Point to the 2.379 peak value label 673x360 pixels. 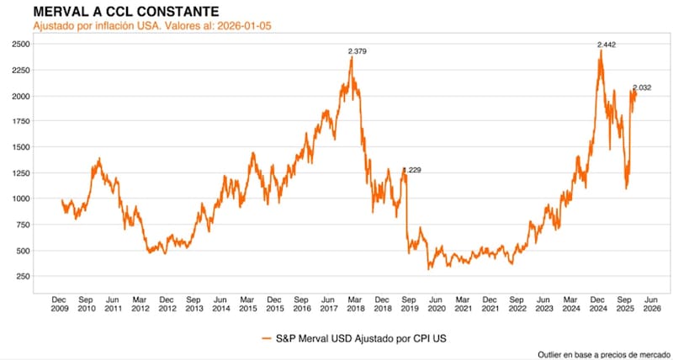358,51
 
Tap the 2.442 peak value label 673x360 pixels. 606,44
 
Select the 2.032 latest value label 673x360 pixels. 642,87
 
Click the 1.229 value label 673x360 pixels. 411,171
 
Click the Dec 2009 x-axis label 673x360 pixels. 59,304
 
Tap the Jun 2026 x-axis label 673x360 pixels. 649,304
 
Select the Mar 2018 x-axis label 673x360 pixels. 355,304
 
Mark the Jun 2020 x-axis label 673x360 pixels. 435,304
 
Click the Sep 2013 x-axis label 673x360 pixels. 193,304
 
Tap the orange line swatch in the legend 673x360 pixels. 266,338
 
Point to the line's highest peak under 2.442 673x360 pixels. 601,50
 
